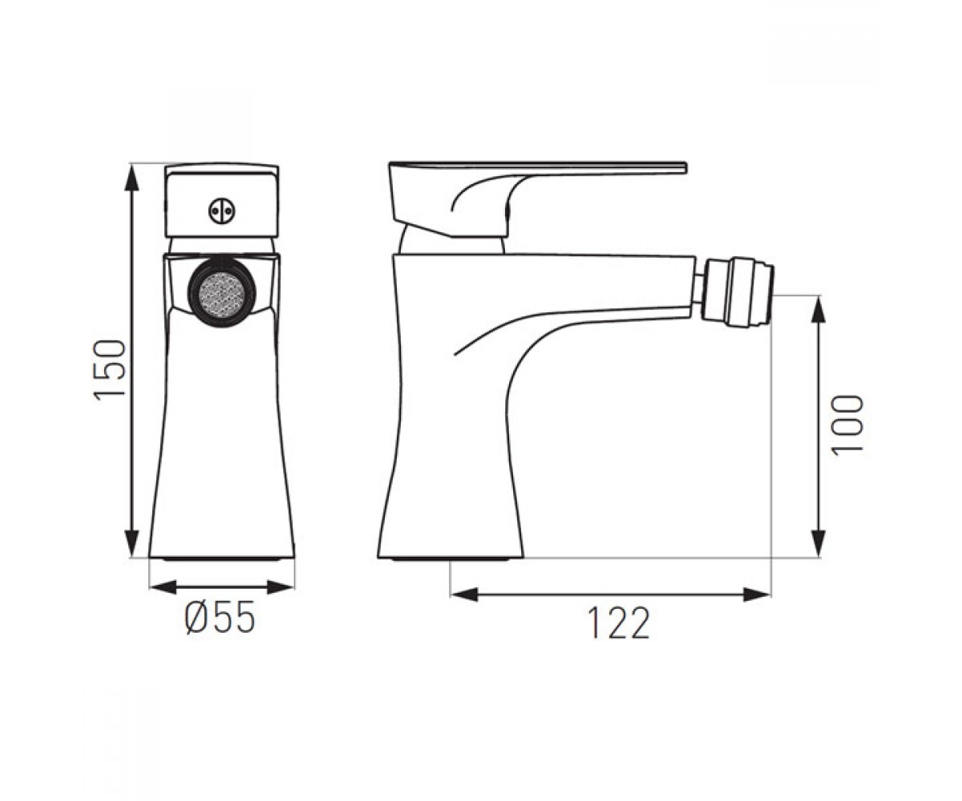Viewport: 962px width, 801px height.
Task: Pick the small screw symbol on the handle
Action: coord(222,211)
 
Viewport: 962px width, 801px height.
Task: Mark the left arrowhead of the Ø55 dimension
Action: coord(164,587)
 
